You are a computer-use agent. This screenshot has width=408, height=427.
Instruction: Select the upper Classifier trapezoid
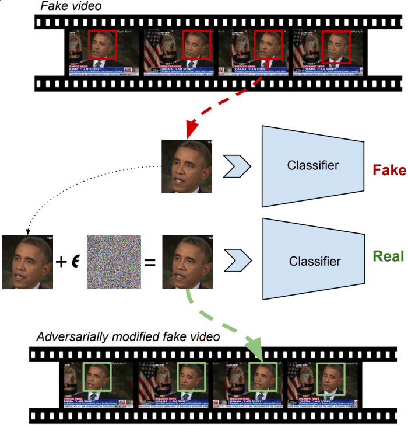click(313, 166)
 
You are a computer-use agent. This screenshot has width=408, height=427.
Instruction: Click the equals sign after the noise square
click(150, 262)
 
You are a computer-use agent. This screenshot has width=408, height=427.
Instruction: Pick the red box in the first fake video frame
click(103, 47)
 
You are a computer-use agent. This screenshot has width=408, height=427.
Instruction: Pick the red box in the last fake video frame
click(336, 46)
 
